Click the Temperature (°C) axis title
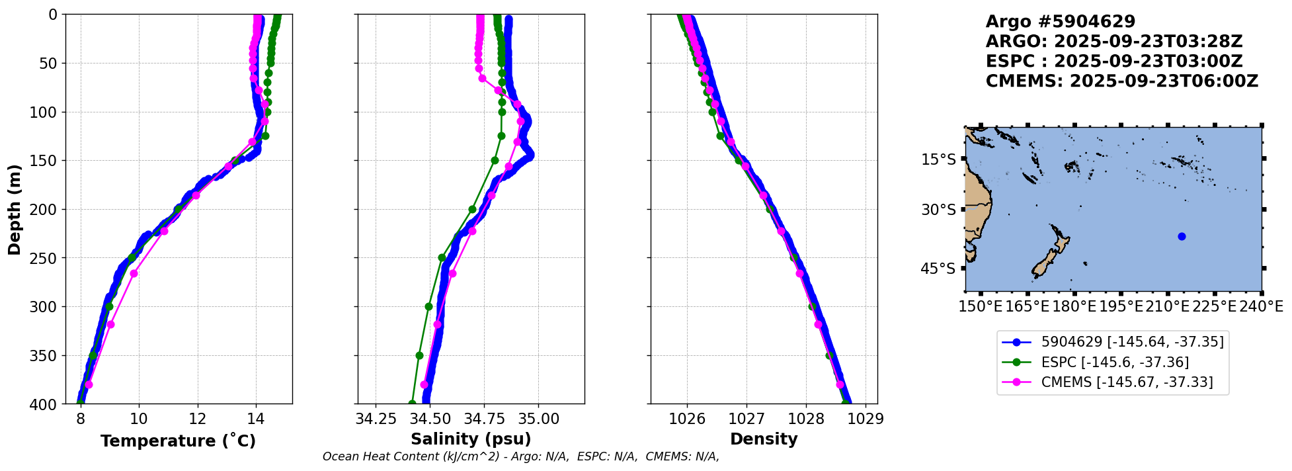178,441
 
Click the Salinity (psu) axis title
471,439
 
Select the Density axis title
764,439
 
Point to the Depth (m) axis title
15,210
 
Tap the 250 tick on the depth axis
46,258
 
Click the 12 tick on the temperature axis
197,419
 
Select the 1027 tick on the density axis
747,419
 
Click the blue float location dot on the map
1182,237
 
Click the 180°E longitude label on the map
1074,307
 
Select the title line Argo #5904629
1060,22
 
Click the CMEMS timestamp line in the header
1121,81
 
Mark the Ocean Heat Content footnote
520,456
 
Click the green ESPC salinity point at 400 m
412,404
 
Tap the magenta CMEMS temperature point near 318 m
110,324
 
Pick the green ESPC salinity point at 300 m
428,306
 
